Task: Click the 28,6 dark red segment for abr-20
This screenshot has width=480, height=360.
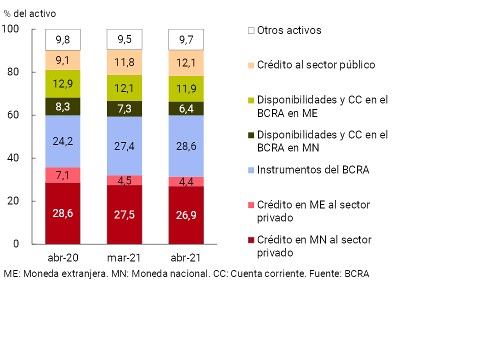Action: (63, 213)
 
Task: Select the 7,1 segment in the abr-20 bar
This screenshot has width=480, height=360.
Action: (63, 175)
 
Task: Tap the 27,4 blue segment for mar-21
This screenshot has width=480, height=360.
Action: (124, 146)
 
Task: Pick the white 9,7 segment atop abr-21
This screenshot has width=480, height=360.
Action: (186, 39)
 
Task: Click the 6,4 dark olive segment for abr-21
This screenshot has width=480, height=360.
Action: (186, 108)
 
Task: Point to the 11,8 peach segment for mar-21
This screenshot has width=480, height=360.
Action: (124, 62)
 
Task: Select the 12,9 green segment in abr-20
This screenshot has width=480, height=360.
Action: (63, 83)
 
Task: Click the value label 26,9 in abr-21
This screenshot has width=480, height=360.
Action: (186, 215)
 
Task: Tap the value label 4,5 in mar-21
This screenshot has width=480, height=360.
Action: (124, 180)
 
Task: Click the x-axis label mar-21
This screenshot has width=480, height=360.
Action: (124, 258)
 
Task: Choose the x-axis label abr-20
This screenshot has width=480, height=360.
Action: (63, 258)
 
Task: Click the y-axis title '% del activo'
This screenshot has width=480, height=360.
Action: (30, 13)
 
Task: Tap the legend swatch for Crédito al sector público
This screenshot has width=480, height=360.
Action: (251, 65)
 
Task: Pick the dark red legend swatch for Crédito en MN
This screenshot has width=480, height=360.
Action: (251, 240)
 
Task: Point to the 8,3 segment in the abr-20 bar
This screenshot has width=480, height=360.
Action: (63, 106)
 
